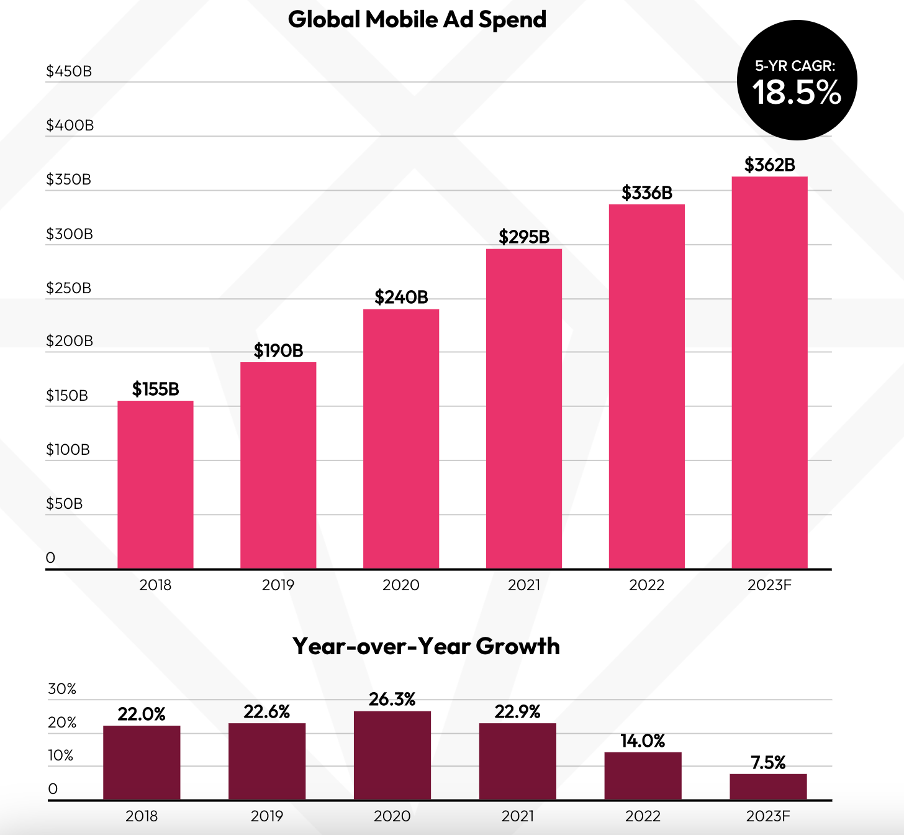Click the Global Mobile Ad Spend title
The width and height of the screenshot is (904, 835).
point(417,20)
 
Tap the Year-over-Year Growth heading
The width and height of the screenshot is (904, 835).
point(426,646)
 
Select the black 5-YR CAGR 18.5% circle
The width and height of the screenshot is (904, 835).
point(797,81)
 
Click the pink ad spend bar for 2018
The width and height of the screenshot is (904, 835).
point(155,485)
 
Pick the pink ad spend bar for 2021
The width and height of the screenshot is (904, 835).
point(524,409)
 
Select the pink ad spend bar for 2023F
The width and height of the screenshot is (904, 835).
point(769,373)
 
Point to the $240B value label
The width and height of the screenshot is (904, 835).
point(401,297)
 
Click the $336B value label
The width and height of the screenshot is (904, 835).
point(647,193)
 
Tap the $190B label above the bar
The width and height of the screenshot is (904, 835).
point(278,350)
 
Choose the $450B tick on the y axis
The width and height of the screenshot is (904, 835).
point(69,71)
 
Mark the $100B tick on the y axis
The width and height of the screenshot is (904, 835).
point(68,450)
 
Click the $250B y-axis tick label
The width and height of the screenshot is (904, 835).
point(68,288)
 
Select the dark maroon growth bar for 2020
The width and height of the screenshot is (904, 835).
point(392,755)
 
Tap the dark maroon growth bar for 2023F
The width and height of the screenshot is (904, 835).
point(768,787)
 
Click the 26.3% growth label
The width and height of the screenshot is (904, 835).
point(392,700)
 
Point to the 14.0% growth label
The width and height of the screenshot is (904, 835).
point(643,741)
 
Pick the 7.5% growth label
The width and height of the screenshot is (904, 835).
point(768,762)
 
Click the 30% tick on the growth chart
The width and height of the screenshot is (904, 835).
point(62,689)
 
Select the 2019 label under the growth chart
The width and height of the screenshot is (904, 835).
point(267,816)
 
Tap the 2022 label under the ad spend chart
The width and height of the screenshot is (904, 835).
point(646,585)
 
